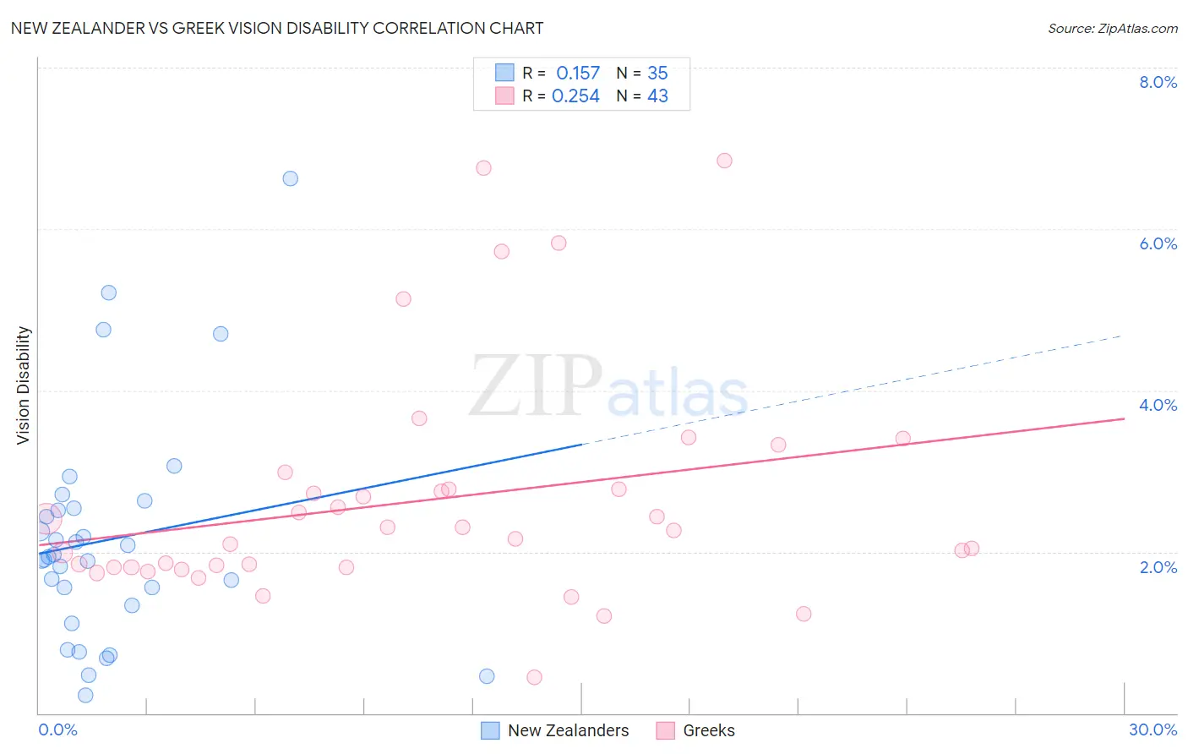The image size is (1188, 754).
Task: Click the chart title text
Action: click(277, 28)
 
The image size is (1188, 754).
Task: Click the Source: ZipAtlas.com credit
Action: click(1112, 29)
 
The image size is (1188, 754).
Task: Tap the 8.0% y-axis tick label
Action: click(1158, 82)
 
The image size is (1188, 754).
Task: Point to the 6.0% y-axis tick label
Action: click(1158, 243)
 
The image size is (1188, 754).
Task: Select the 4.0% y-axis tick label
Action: click(1158, 405)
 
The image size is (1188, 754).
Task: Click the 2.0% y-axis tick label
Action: click(1158, 567)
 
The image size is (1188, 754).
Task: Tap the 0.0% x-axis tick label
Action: click(57, 729)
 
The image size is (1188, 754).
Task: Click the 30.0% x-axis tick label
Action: click(1153, 729)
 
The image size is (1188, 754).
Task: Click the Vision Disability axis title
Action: click(24, 385)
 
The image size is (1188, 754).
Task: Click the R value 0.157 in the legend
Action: click(578, 74)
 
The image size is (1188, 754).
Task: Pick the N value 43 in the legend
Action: click(657, 96)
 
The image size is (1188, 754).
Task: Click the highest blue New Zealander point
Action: click(290, 178)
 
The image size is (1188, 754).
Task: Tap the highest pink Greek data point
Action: click(724, 161)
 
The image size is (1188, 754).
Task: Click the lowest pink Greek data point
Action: click(534, 677)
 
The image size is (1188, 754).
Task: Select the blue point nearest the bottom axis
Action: click(85, 696)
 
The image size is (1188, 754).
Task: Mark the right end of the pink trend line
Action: click(1124, 418)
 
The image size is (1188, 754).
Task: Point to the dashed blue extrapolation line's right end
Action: click(1120, 336)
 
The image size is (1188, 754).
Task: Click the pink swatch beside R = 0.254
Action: click(504, 96)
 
